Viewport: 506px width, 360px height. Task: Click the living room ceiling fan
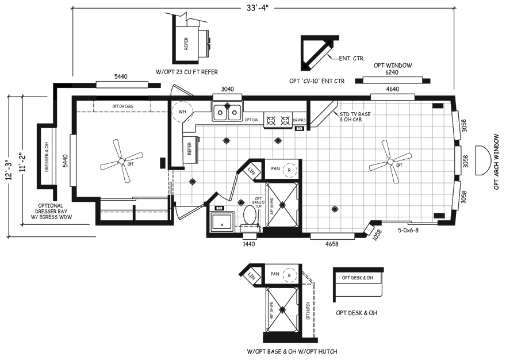[x=390, y=162]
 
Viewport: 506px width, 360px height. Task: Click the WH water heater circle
[x=182, y=111]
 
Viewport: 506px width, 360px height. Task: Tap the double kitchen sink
[x=227, y=112]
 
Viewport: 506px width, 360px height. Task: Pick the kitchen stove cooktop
[x=277, y=120]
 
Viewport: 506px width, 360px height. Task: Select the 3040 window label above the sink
[x=228, y=90]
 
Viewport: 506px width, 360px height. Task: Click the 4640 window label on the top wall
[x=393, y=89]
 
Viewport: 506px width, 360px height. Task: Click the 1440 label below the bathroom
[x=248, y=244]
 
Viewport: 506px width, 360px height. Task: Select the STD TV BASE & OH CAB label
[x=355, y=117]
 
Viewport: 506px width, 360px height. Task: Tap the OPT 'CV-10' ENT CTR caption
[x=316, y=81]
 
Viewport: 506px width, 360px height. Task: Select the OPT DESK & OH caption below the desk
[x=356, y=313]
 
